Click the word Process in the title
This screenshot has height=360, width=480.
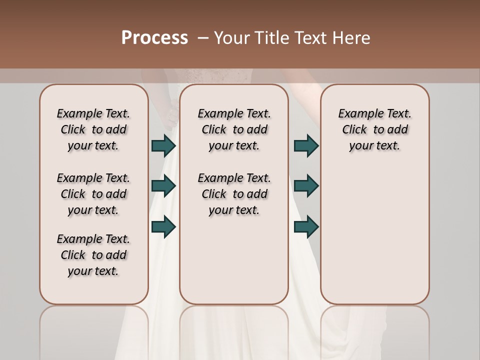pos(154,37)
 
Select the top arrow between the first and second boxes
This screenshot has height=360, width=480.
pos(163,146)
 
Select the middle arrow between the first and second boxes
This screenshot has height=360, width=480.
pos(163,186)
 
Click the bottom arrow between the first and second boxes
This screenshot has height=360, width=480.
pos(163,226)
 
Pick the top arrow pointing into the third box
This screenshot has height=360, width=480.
pos(306,146)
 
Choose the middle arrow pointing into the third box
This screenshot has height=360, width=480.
pos(306,186)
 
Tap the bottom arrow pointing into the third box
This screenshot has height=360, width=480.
pos(306,226)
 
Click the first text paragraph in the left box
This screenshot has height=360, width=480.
pos(93,129)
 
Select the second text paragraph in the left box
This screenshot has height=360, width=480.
pos(93,194)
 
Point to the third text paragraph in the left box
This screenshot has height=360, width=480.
pos(93,255)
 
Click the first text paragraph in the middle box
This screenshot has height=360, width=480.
pos(234,129)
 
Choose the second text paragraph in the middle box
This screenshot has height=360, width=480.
pos(234,194)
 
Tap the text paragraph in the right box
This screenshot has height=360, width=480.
pos(375,129)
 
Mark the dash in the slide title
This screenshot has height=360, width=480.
pos(203,37)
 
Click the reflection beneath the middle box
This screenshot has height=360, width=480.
pos(234,330)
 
